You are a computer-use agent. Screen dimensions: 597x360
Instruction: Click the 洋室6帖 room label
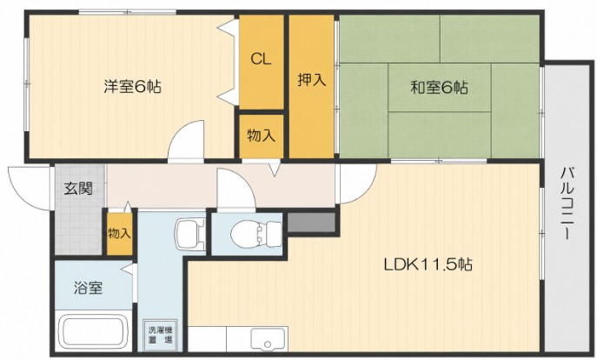pos(132,87)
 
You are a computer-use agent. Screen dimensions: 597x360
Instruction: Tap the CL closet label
pos(261,59)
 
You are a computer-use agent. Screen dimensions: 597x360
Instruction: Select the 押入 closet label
pos(311,80)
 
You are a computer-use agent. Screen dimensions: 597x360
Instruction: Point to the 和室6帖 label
pos(439,88)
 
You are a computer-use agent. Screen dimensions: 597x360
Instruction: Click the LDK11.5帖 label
pos(428,263)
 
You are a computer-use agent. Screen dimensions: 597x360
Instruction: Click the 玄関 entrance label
pos(78,188)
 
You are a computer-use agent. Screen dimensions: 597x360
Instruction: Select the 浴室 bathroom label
pos(89,288)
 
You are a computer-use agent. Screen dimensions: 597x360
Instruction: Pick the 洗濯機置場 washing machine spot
pos(160,336)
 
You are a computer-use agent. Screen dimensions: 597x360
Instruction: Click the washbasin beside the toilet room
pos(190,234)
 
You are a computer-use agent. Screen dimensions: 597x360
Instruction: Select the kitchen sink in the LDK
pos(268,338)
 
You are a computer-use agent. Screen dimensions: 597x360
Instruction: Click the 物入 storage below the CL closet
pos(262,136)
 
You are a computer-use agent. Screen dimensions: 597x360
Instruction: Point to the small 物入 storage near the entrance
pos(120,233)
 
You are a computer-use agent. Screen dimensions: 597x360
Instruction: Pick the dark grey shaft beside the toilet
pos(311,222)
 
